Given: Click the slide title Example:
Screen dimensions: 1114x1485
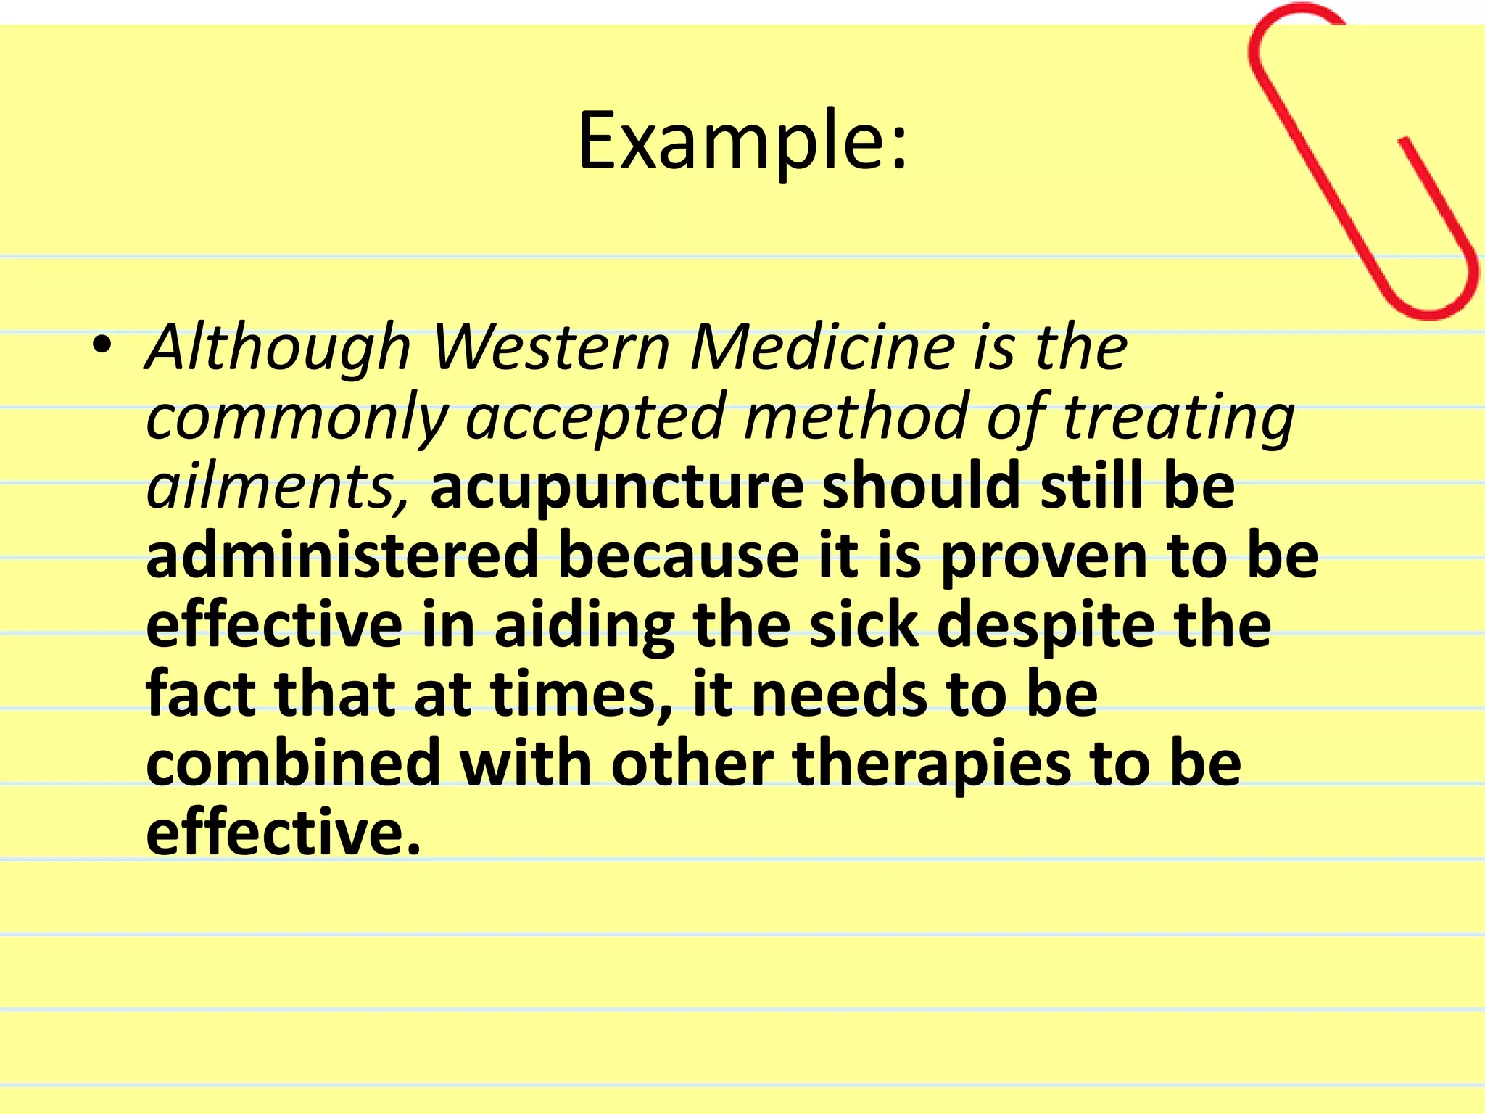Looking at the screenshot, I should (x=742, y=141).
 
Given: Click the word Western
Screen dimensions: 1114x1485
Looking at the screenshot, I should (x=551, y=348).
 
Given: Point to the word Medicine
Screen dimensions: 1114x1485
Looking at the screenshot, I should (x=822, y=348).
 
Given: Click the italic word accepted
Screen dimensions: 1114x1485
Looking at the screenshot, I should (x=595, y=416).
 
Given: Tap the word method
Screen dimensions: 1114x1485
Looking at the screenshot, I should (x=856, y=416).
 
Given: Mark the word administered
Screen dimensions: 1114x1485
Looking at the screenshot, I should (x=342, y=556).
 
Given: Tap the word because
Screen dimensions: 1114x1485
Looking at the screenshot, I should (x=679, y=556).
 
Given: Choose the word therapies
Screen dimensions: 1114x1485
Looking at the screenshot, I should (x=931, y=766).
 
